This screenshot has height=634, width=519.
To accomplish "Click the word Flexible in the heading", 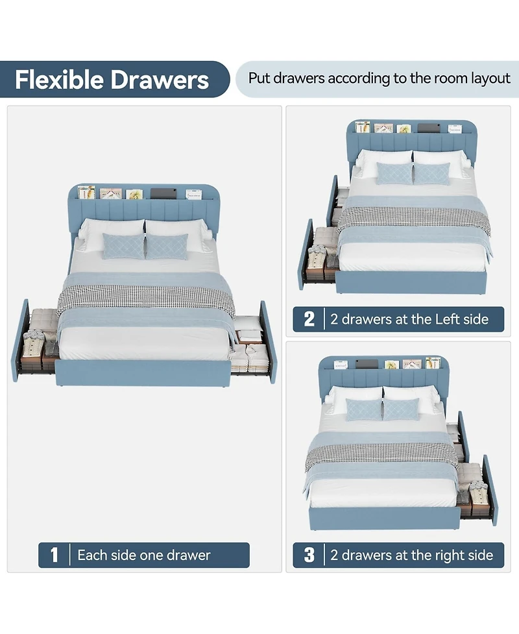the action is (x=60, y=79).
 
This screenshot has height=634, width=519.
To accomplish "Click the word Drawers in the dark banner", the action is (x=160, y=79).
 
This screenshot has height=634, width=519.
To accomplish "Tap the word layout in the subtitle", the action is (x=490, y=78).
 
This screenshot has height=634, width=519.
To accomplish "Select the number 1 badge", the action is (x=54, y=555).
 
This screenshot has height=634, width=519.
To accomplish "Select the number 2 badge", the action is (x=309, y=319).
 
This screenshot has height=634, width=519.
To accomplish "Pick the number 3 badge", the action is (x=309, y=555).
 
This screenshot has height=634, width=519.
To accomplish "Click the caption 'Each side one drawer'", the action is (x=144, y=555).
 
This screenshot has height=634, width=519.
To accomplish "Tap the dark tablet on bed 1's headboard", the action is (x=163, y=193).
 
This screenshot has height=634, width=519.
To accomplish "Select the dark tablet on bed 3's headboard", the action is (x=366, y=364).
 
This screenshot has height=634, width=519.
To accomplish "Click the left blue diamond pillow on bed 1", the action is (x=123, y=246).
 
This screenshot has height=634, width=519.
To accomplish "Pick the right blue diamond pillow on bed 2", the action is (x=431, y=173).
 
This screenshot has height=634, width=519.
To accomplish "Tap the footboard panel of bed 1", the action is (x=143, y=372).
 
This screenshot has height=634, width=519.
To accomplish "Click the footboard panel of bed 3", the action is (x=385, y=518).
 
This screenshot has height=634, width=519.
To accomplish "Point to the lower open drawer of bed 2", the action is (x=320, y=255).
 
